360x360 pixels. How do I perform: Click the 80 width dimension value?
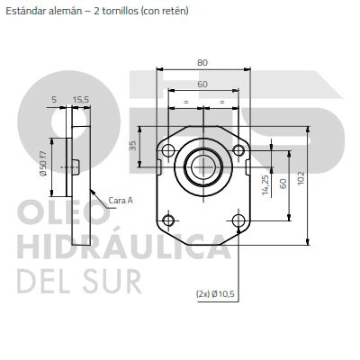tap(202, 63)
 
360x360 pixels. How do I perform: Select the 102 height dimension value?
tap(301, 178)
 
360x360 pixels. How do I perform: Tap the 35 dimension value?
tap(133, 146)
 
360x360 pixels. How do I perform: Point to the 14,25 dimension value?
tap(265, 185)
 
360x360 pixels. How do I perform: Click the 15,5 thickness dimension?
tap(81, 100)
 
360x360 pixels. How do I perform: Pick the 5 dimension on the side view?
tap(54, 100)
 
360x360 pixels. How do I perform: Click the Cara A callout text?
tap(121, 200)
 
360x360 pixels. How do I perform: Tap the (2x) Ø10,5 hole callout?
tap(215, 294)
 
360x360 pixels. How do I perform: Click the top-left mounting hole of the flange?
tap(168, 150)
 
